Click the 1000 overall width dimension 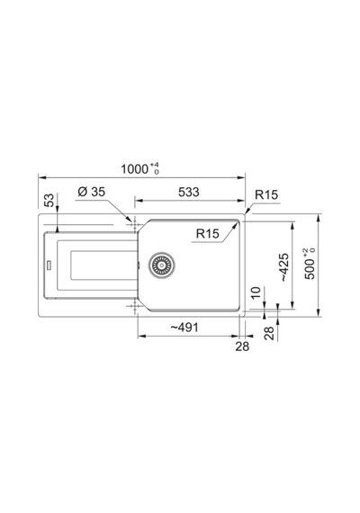tap(134, 169)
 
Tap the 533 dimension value tap(189, 192)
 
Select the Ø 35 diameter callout tap(92, 192)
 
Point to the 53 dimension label tap(49, 200)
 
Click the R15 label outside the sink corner tap(266, 194)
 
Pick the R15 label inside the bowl tap(208, 234)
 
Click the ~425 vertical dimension tap(284, 267)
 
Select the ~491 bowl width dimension tap(184, 328)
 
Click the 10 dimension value tap(256, 292)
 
